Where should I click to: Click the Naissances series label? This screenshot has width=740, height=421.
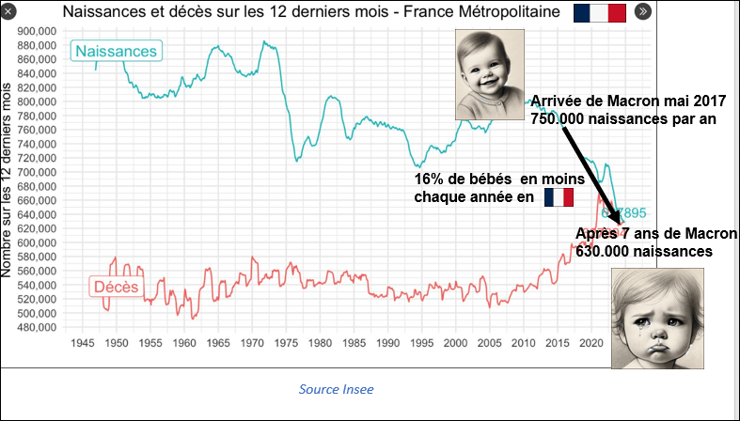tap(116, 51)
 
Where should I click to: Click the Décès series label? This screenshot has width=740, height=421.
tap(117, 287)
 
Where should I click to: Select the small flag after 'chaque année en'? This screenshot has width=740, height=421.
tap(559, 197)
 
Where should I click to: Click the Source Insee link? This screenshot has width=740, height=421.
tap(337, 389)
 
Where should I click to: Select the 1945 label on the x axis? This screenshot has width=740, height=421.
tap(82, 343)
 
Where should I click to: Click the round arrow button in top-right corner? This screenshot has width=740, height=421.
tap(643, 12)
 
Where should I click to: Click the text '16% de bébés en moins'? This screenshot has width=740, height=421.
tap(499, 179)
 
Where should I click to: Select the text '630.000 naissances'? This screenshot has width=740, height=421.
tap(645, 252)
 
